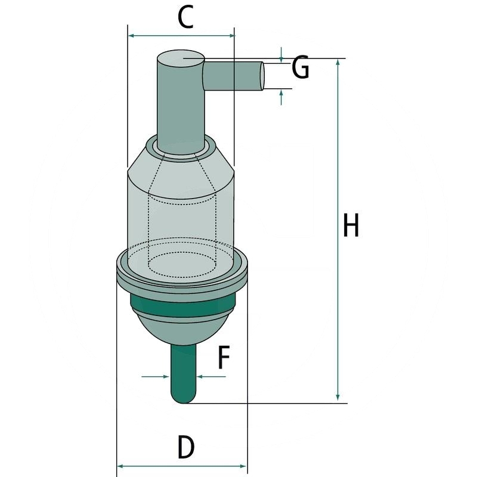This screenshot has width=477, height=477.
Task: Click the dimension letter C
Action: pyautogui.click(x=185, y=18)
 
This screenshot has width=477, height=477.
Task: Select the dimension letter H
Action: pyautogui.click(x=351, y=227)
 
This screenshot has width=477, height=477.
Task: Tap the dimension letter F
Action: pyautogui.click(x=222, y=358)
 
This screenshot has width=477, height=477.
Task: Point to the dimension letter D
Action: pyautogui.click(x=185, y=447)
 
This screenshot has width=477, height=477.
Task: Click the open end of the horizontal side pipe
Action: pyautogui.click(x=261, y=76)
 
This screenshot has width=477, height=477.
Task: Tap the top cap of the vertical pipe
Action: pyautogui.click(x=181, y=58)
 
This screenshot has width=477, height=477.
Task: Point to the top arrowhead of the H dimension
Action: pyautogui.click(x=338, y=63)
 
